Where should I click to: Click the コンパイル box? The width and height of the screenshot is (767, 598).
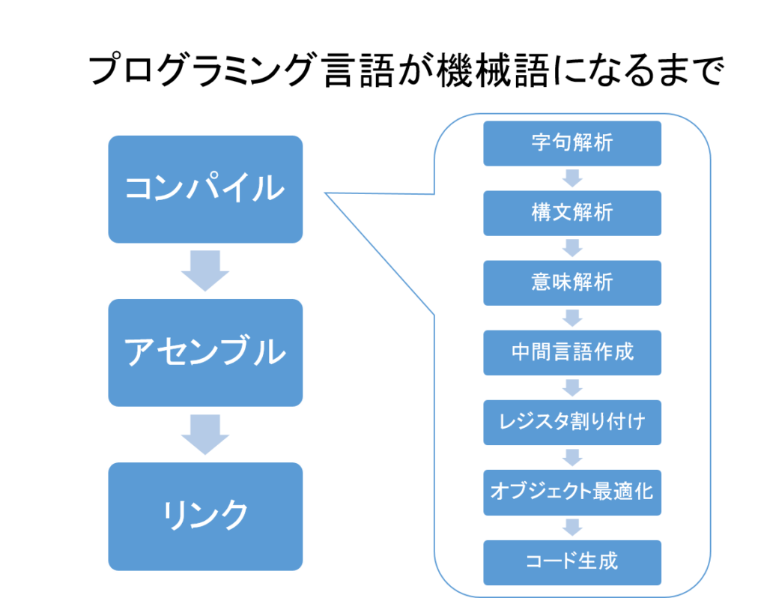205,189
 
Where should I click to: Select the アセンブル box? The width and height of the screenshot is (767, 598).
205,352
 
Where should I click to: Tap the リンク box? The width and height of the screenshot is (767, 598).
205,516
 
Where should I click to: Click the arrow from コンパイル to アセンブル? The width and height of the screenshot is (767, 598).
205,271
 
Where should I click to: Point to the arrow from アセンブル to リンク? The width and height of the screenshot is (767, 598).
205,434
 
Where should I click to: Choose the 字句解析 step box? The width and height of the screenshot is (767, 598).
572,143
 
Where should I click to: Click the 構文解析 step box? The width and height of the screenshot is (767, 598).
572,213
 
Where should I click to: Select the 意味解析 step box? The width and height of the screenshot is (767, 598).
572,283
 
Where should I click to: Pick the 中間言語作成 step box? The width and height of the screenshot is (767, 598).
572,352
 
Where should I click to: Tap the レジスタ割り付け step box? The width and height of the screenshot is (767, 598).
572,423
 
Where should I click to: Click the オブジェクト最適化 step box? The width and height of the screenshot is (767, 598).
572,492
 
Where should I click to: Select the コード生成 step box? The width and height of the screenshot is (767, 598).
572,562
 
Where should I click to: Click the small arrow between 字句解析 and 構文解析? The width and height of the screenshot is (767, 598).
572,178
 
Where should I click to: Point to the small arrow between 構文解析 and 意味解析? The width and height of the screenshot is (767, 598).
572,248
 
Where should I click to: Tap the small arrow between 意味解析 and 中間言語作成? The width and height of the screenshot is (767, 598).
572,318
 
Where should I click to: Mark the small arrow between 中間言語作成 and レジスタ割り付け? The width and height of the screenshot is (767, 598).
572,387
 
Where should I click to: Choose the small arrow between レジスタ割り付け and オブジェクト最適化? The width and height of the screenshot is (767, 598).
572,457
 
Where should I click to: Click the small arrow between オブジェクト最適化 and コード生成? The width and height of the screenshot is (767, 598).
572,528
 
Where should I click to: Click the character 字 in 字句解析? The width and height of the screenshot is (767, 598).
542,143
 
